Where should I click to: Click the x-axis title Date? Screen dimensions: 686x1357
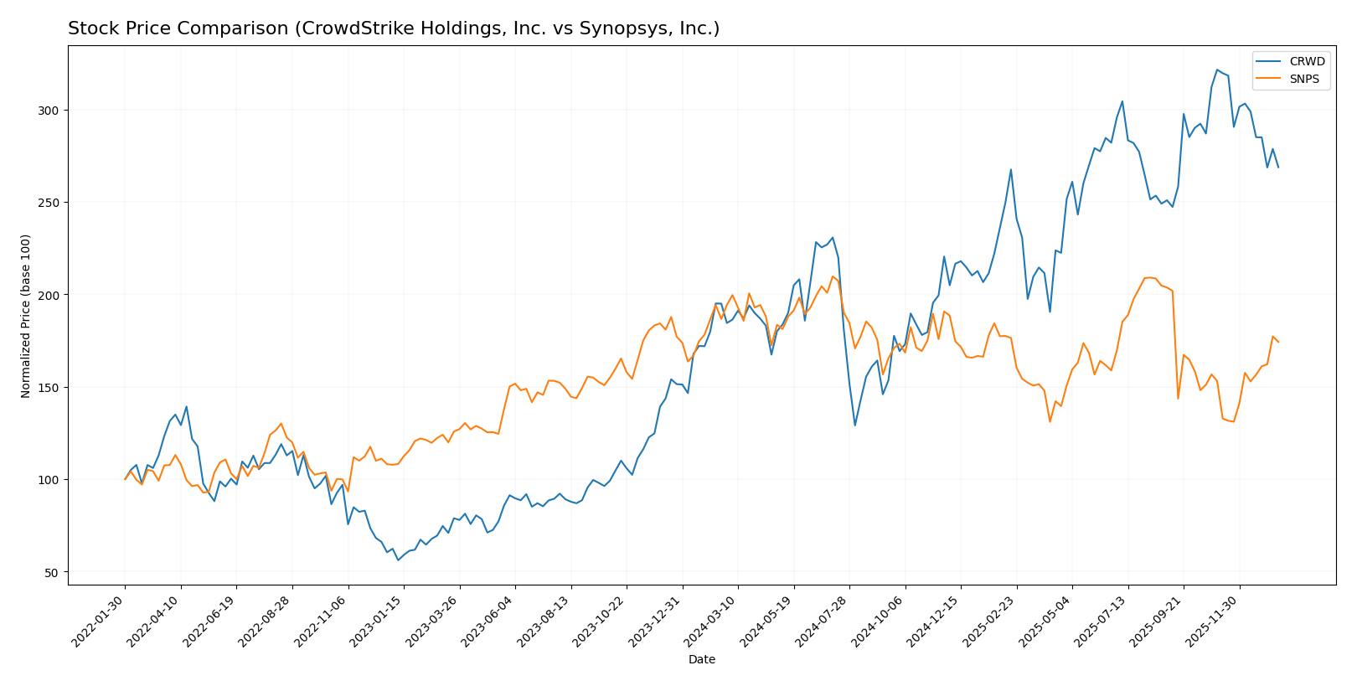pyautogui.click(x=701, y=660)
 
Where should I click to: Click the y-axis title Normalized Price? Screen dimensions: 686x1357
pyautogui.click(x=26, y=316)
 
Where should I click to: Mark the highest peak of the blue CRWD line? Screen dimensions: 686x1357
pyautogui.click(x=1216, y=70)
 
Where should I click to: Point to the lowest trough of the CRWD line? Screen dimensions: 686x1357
pyautogui.click(x=398, y=560)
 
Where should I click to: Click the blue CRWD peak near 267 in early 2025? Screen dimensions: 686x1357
pyautogui.click(x=1010, y=170)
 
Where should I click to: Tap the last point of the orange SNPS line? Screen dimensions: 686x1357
pyautogui.click(x=1277, y=342)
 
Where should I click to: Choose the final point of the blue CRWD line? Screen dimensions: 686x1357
pyautogui.click(x=1277, y=167)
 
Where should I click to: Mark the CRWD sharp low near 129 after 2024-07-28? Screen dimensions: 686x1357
pyautogui.click(x=854, y=425)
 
